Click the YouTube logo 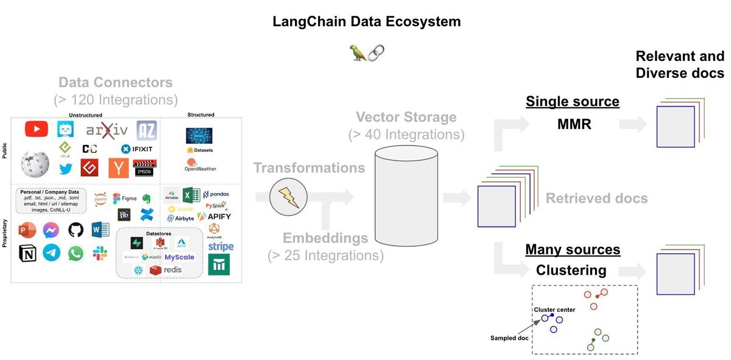coord(37,129)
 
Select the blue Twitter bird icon coord(65,170)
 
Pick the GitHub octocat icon coord(76,230)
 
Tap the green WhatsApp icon coord(76,253)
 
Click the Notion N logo coord(27,253)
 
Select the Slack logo coord(99,253)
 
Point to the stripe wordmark coord(221,247)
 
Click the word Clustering coord(571,270)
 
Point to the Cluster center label coord(554,310)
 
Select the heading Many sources coord(573,249)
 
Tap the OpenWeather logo coord(200,165)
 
